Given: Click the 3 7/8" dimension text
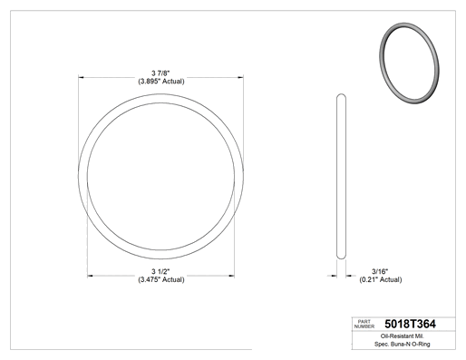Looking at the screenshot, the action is pyautogui.click(x=160, y=73).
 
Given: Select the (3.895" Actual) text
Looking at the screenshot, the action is pyautogui.click(x=161, y=82).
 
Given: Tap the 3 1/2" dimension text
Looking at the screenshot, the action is pyautogui.click(x=160, y=271).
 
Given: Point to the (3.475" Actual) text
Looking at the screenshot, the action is pyautogui.click(x=161, y=279).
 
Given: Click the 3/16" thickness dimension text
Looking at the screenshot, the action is pyautogui.click(x=380, y=271).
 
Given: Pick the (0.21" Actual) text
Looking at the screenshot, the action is pyautogui.click(x=381, y=279).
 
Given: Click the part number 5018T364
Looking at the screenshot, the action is pyautogui.click(x=410, y=324).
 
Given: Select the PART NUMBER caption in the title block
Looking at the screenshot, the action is pyautogui.click(x=364, y=324).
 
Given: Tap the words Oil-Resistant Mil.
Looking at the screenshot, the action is pyautogui.click(x=403, y=336).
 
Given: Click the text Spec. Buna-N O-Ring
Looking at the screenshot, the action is pyautogui.click(x=403, y=344).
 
